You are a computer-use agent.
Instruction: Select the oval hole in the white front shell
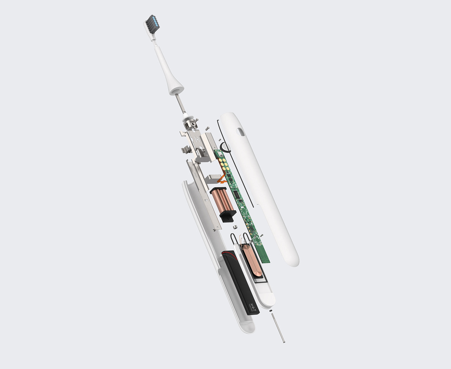click(241, 132)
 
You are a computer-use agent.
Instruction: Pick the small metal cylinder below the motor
click(235, 227)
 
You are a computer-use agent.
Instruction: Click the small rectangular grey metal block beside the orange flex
click(213, 179)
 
